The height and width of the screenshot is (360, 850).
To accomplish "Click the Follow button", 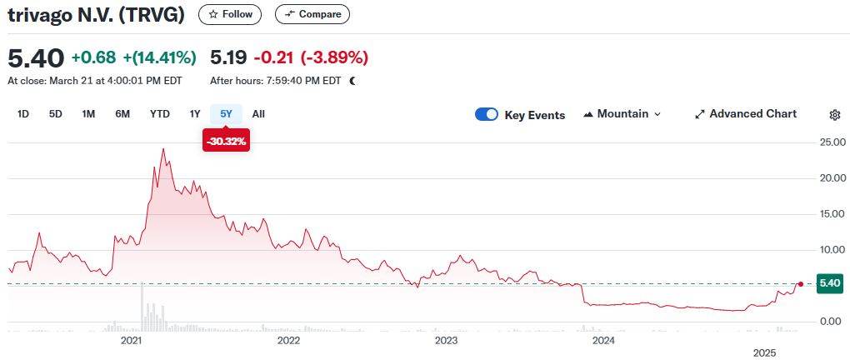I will coord(230,14).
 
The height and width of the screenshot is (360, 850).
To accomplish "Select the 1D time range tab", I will coord(23,114).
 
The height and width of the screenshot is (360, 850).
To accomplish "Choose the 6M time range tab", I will coord(122,114).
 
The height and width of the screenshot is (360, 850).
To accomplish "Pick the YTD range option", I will coord(160,114).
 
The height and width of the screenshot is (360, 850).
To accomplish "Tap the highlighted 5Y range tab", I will coord(226,114).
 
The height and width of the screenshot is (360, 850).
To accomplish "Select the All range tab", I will coord(258,114).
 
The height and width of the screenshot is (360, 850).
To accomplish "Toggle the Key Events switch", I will coord(487,114).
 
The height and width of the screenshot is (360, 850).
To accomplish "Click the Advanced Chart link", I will coord(745,114).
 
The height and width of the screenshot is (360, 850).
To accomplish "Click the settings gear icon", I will coord(835,115).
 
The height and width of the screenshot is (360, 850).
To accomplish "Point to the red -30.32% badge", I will coord(226,142).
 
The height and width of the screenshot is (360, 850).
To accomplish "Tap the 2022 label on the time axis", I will coord(288,340).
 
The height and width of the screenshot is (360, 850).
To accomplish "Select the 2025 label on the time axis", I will coord(764,353).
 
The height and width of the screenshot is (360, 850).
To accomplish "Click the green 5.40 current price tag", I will coord(830,283).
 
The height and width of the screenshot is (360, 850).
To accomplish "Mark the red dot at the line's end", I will coord(801,284).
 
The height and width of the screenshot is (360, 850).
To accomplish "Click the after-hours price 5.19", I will coord(228,57).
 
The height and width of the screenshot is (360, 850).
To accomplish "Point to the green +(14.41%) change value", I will coord(159,57).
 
